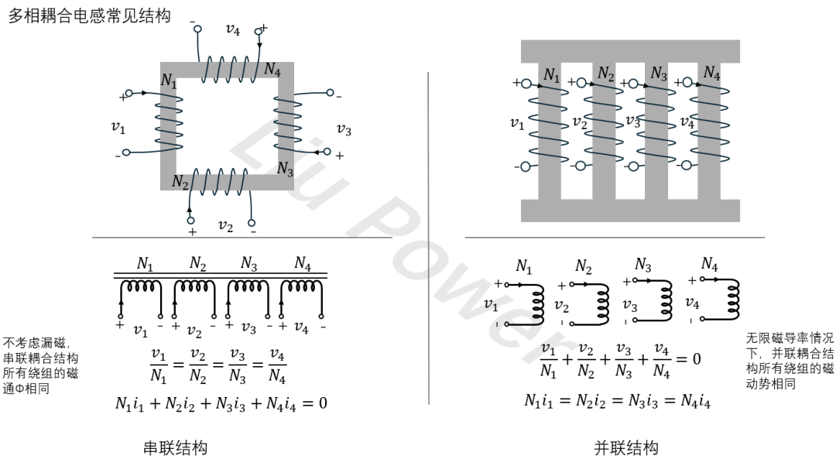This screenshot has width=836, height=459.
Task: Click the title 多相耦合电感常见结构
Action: coord(89,15)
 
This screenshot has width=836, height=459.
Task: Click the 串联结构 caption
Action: coord(176,447)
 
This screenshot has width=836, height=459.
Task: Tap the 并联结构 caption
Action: coord(626,447)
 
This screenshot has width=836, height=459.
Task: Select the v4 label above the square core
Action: coord(232,30)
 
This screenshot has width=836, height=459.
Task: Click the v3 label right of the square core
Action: coord(344,129)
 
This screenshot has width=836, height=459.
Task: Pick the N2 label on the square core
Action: coord(180,183)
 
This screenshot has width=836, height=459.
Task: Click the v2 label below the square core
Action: coord(225,226)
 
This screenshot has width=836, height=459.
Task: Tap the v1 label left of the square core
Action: coord(118,127)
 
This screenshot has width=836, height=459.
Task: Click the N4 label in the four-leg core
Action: coord(711,73)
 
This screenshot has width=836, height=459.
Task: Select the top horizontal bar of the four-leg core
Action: coord(630,51)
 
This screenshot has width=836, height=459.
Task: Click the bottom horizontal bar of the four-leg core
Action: coord(630,210)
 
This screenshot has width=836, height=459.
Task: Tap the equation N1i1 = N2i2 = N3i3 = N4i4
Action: coord(617,401)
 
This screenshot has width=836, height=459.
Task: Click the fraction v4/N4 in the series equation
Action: coord(277,367)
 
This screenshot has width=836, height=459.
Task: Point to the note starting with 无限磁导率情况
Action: coord(790,361)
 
